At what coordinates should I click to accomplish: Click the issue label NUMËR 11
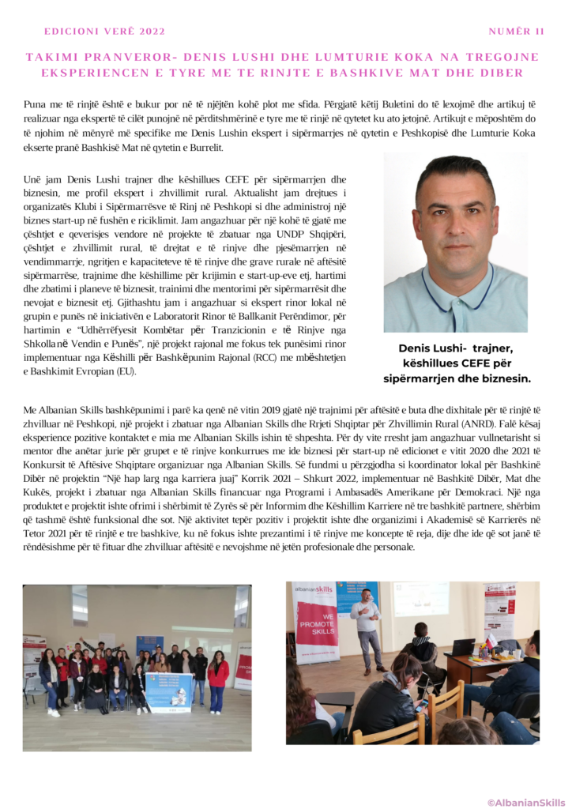[x=517, y=32]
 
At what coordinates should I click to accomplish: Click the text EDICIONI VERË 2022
[x=105, y=32]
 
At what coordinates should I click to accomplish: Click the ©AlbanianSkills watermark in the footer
[x=525, y=802]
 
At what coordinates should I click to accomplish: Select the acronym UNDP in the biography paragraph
[x=269, y=235]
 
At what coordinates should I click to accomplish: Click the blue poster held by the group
[x=168, y=690]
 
